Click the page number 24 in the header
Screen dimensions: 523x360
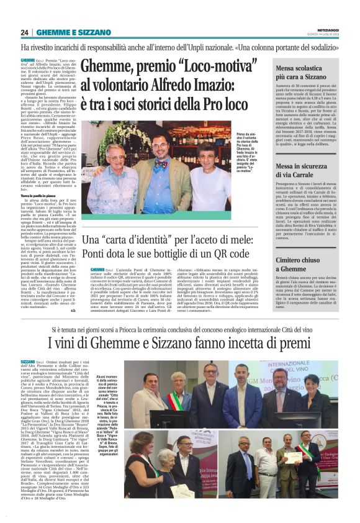point(25,32)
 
